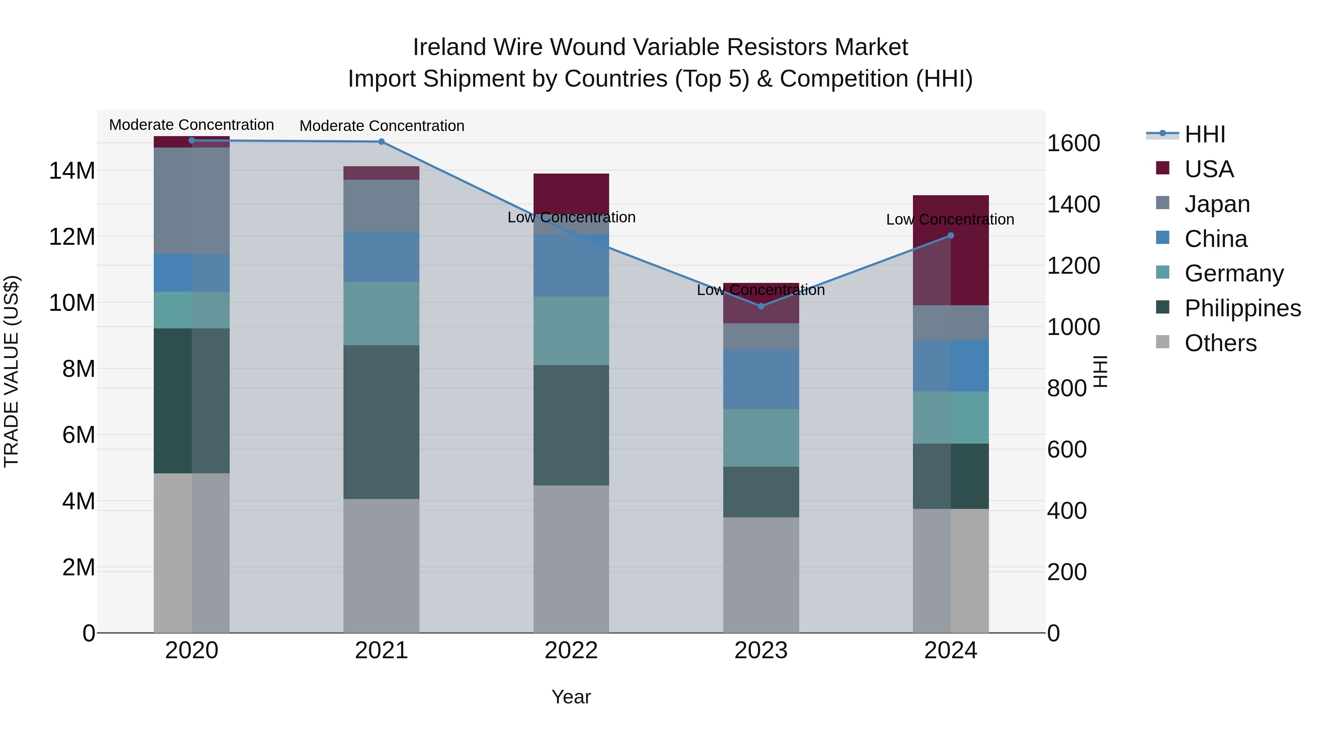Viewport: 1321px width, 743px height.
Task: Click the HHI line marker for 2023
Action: tap(761, 306)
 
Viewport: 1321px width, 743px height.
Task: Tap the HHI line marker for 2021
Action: tap(382, 142)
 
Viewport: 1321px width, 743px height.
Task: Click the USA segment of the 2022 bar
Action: tap(571, 192)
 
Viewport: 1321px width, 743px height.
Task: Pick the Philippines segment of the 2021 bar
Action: tap(382, 422)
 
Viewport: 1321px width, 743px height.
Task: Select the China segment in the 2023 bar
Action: tap(761, 379)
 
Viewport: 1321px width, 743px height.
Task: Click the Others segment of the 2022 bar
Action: tap(571, 559)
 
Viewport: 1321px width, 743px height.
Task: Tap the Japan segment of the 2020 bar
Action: tap(192, 200)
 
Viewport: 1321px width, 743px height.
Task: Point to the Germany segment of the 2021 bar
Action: tap(382, 313)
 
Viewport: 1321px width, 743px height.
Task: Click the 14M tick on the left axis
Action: tap(72, 171)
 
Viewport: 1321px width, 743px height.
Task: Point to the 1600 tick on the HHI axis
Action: tap(1073, 143)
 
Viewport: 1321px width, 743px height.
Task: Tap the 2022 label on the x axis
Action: tap(571, 651)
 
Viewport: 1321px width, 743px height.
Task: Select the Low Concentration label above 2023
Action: tap(761, 290)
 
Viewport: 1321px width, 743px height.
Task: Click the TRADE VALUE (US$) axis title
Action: tap(11, 371)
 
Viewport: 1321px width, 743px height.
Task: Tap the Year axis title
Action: tap(571, 697)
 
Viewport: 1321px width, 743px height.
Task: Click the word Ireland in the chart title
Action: tap(449, 47)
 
